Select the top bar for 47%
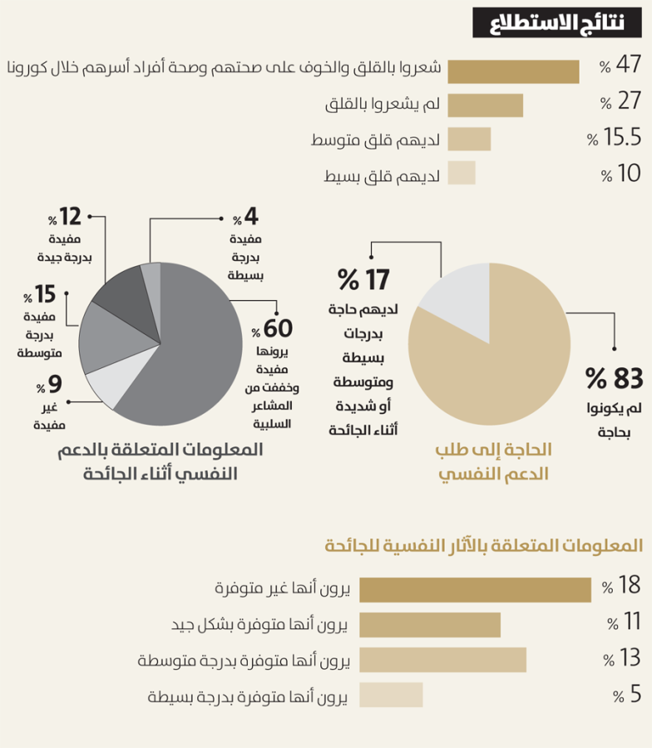[x=513, y=71]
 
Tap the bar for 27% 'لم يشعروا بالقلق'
[x=485, y=106]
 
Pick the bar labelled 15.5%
[x=469, y=139]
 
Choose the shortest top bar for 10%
[x=462, y=172]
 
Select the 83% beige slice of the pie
[x=499, y=357]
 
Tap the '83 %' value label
[x=615, y=378]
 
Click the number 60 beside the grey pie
[x=279, y=330]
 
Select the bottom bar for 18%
[x=474, y=589]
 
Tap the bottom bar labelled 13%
[x=442, y=659]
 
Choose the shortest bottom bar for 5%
[x=391, y=694]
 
